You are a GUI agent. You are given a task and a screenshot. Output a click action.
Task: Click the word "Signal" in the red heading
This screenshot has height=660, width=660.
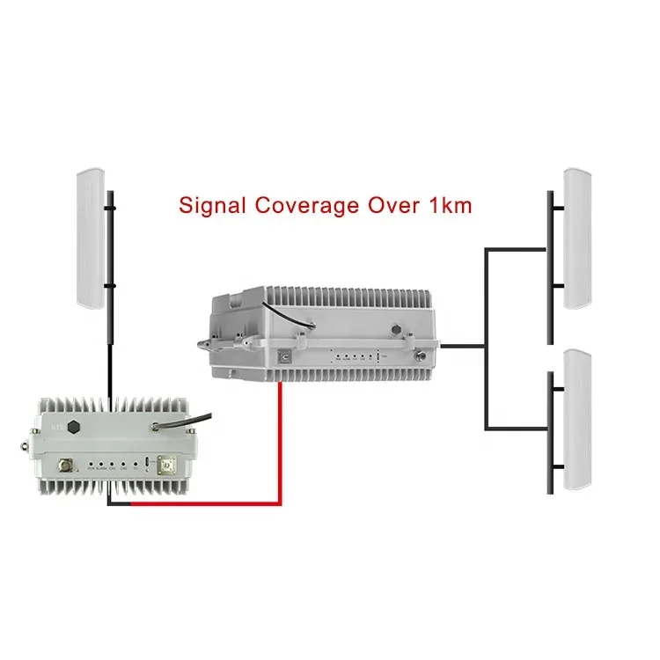click(211, 206)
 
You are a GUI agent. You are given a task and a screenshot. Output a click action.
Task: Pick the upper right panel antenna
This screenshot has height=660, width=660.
click(577, 238)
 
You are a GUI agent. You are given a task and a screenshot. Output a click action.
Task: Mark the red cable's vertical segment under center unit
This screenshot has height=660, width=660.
click(280, 440)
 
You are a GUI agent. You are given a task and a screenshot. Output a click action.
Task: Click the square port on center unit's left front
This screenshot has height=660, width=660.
click(282, 358)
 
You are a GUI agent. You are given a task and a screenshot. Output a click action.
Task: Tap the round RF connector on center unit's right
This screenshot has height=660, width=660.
click(423, 358)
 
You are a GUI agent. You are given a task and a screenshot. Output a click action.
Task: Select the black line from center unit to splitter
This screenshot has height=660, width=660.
click(462, 346)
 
